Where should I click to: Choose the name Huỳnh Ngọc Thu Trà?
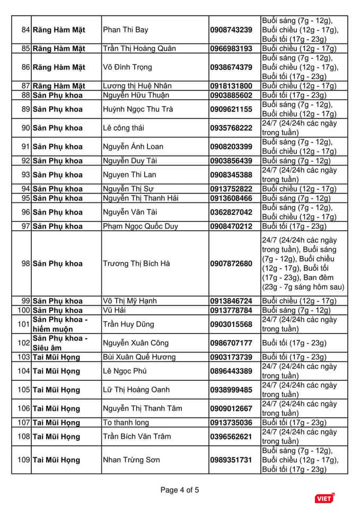(137, 110)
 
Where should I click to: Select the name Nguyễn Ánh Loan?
(133, 147)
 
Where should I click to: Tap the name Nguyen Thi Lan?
(129, 174)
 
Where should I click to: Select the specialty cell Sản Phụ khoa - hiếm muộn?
(59, 324)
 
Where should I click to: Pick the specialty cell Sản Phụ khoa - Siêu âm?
(59, 343)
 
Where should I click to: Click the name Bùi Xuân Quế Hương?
(139, 357)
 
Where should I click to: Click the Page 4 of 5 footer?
(180, 490)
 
